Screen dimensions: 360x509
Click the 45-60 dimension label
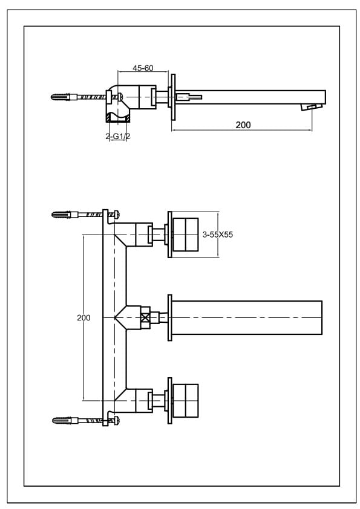pos(143,68)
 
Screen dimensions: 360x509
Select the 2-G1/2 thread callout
pos(117,137)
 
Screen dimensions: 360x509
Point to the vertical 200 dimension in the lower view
pos(83,317)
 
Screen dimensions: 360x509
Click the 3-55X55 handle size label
pos(218,235)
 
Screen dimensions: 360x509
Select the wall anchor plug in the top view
pos(61,97)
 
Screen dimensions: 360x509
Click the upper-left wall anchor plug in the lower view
pos(62,214)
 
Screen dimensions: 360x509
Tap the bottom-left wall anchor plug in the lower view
pos(62,421)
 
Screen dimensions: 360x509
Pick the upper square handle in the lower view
pos(186,235)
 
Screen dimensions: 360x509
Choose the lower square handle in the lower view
pos(186,401)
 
